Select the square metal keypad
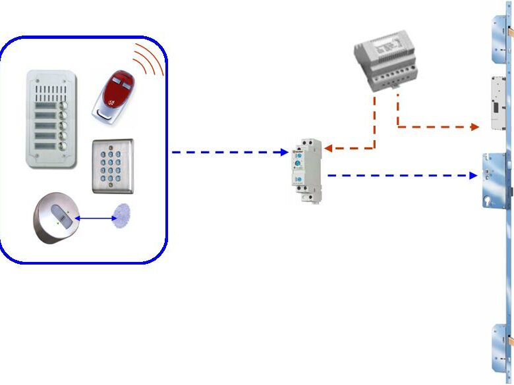[x=113, y=165]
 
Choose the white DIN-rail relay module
[x=308, y=169]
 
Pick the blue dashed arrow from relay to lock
[x=402, y=176]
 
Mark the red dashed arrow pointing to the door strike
[x=435, y=126]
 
